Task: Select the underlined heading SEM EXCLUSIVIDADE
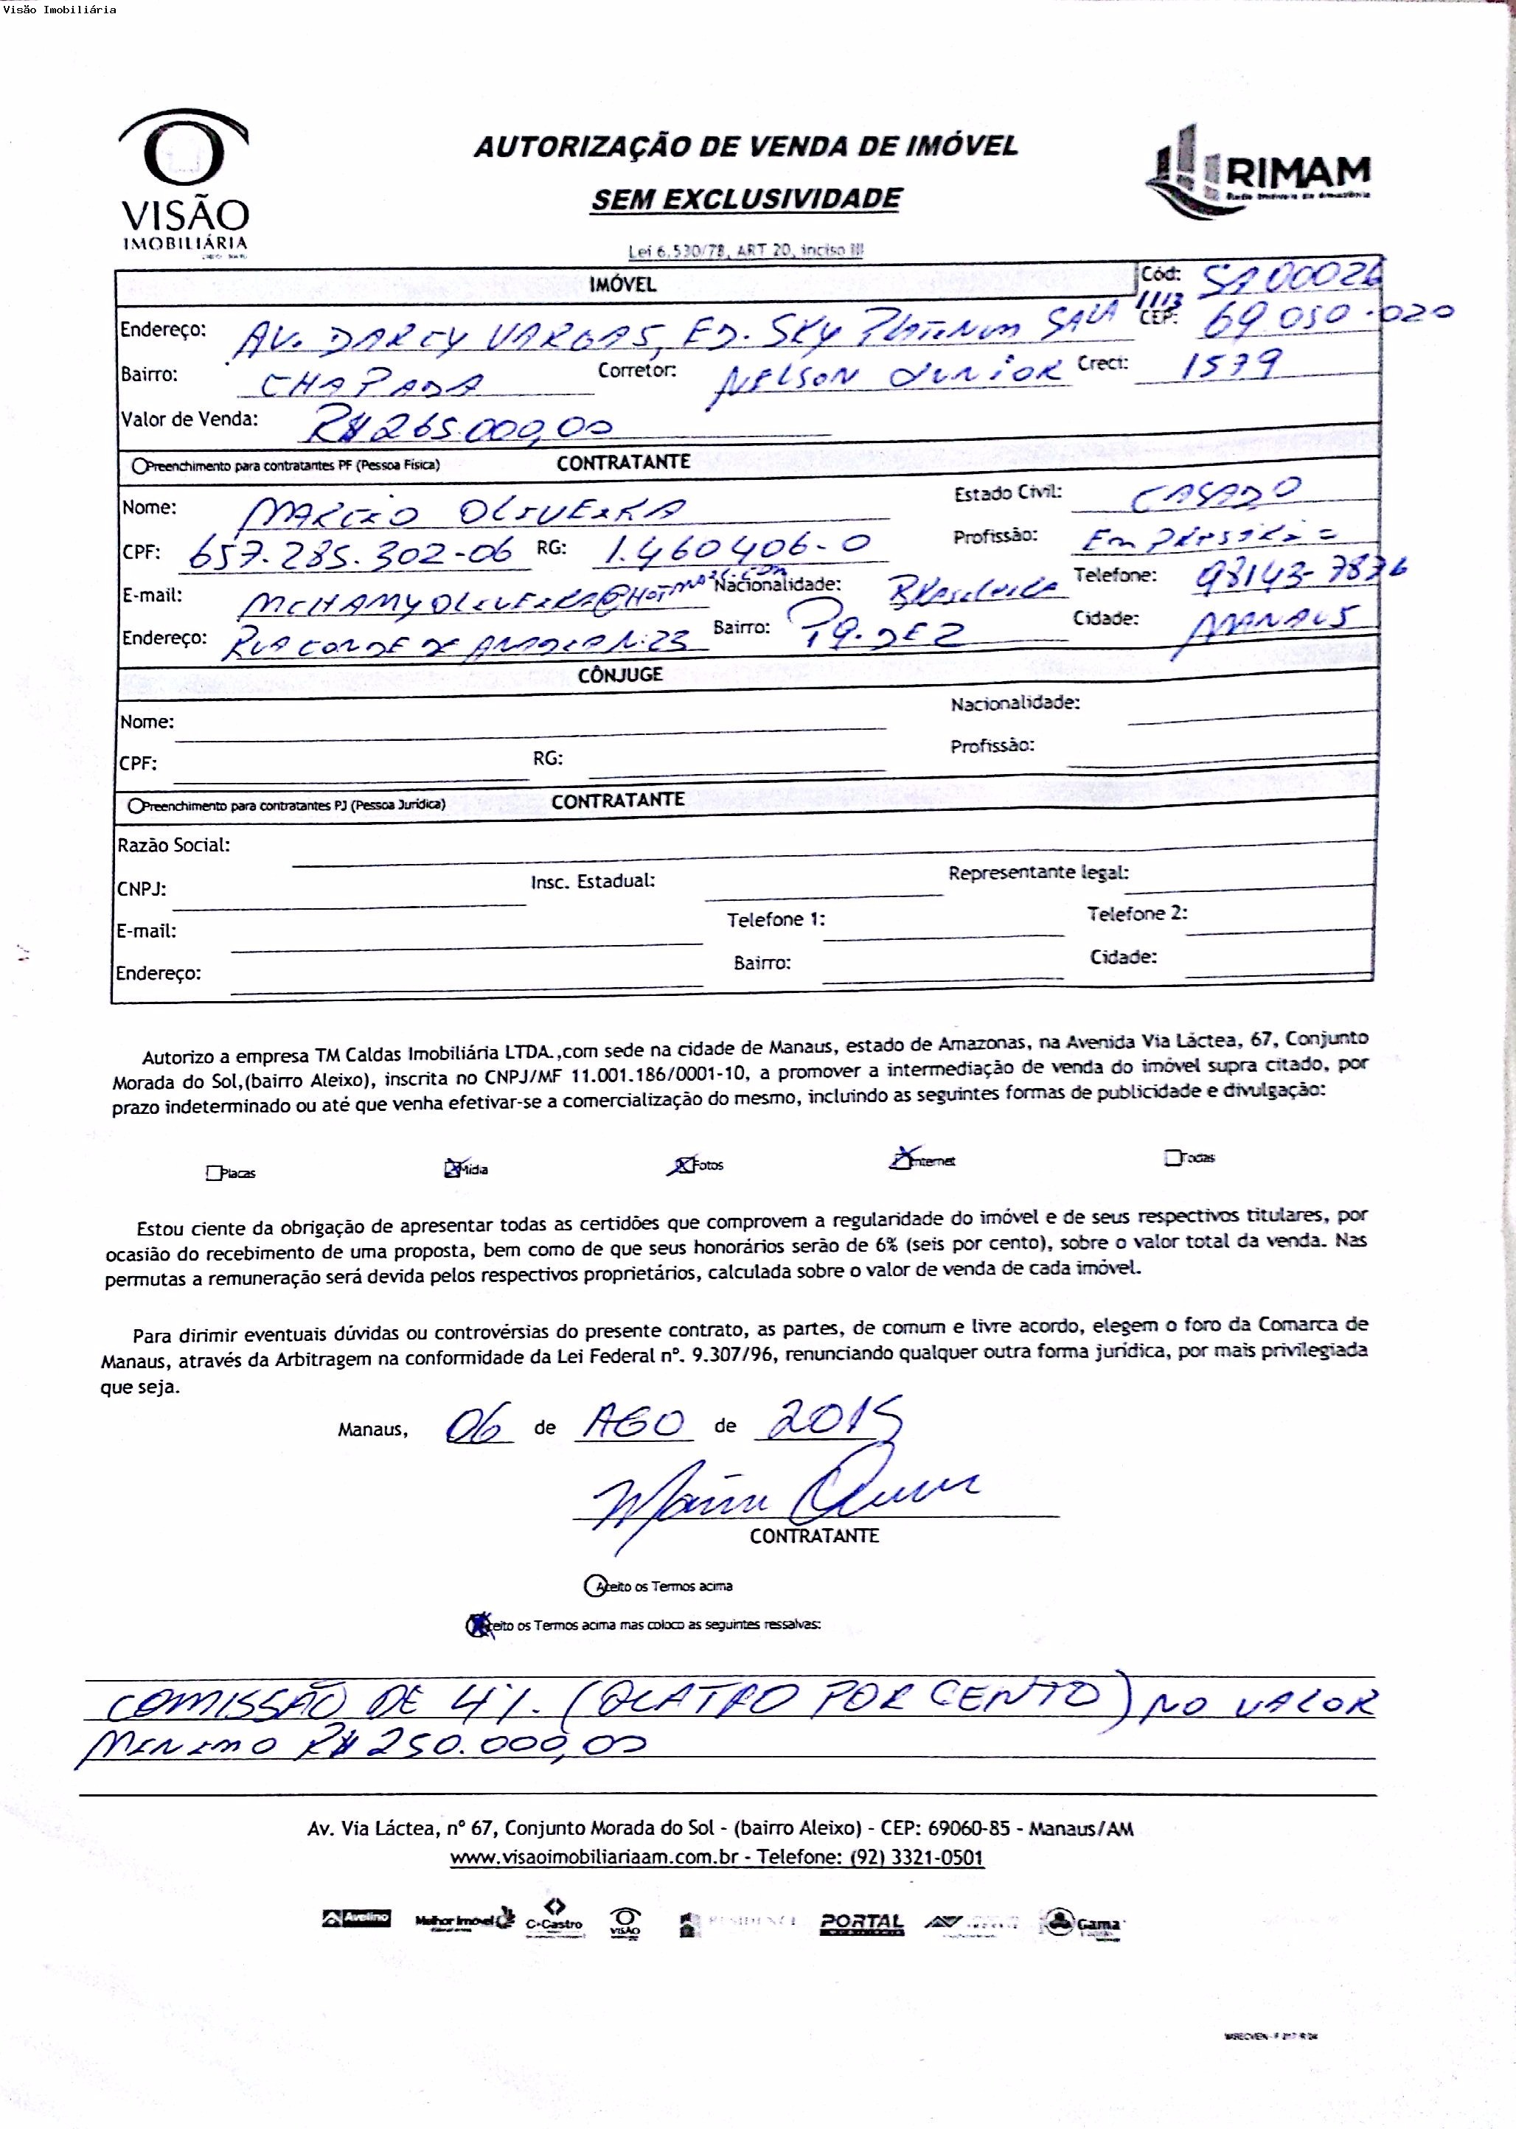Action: pos(746,199)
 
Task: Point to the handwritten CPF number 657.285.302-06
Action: pos(350,554)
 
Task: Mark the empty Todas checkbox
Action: pos(1172,1158)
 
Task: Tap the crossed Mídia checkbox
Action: pos(453,1168)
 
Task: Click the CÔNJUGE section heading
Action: pos(620,675)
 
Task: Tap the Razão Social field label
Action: pos(173,846)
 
